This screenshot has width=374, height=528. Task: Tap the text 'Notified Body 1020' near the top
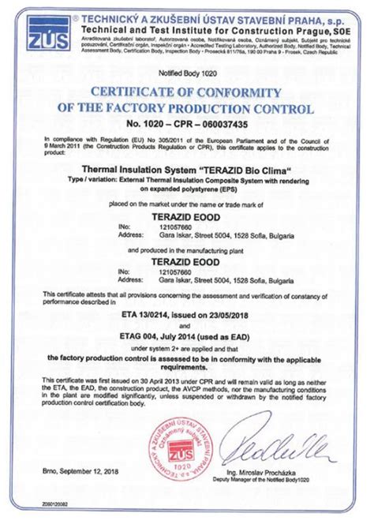coord(187,73)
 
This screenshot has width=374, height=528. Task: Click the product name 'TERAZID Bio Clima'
coord(187,169)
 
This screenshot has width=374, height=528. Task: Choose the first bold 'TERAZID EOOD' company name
coord(187,214)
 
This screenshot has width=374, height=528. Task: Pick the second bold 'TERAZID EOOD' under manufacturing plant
coord(187,257)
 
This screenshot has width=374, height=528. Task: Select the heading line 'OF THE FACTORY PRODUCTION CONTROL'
coord(187,108)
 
